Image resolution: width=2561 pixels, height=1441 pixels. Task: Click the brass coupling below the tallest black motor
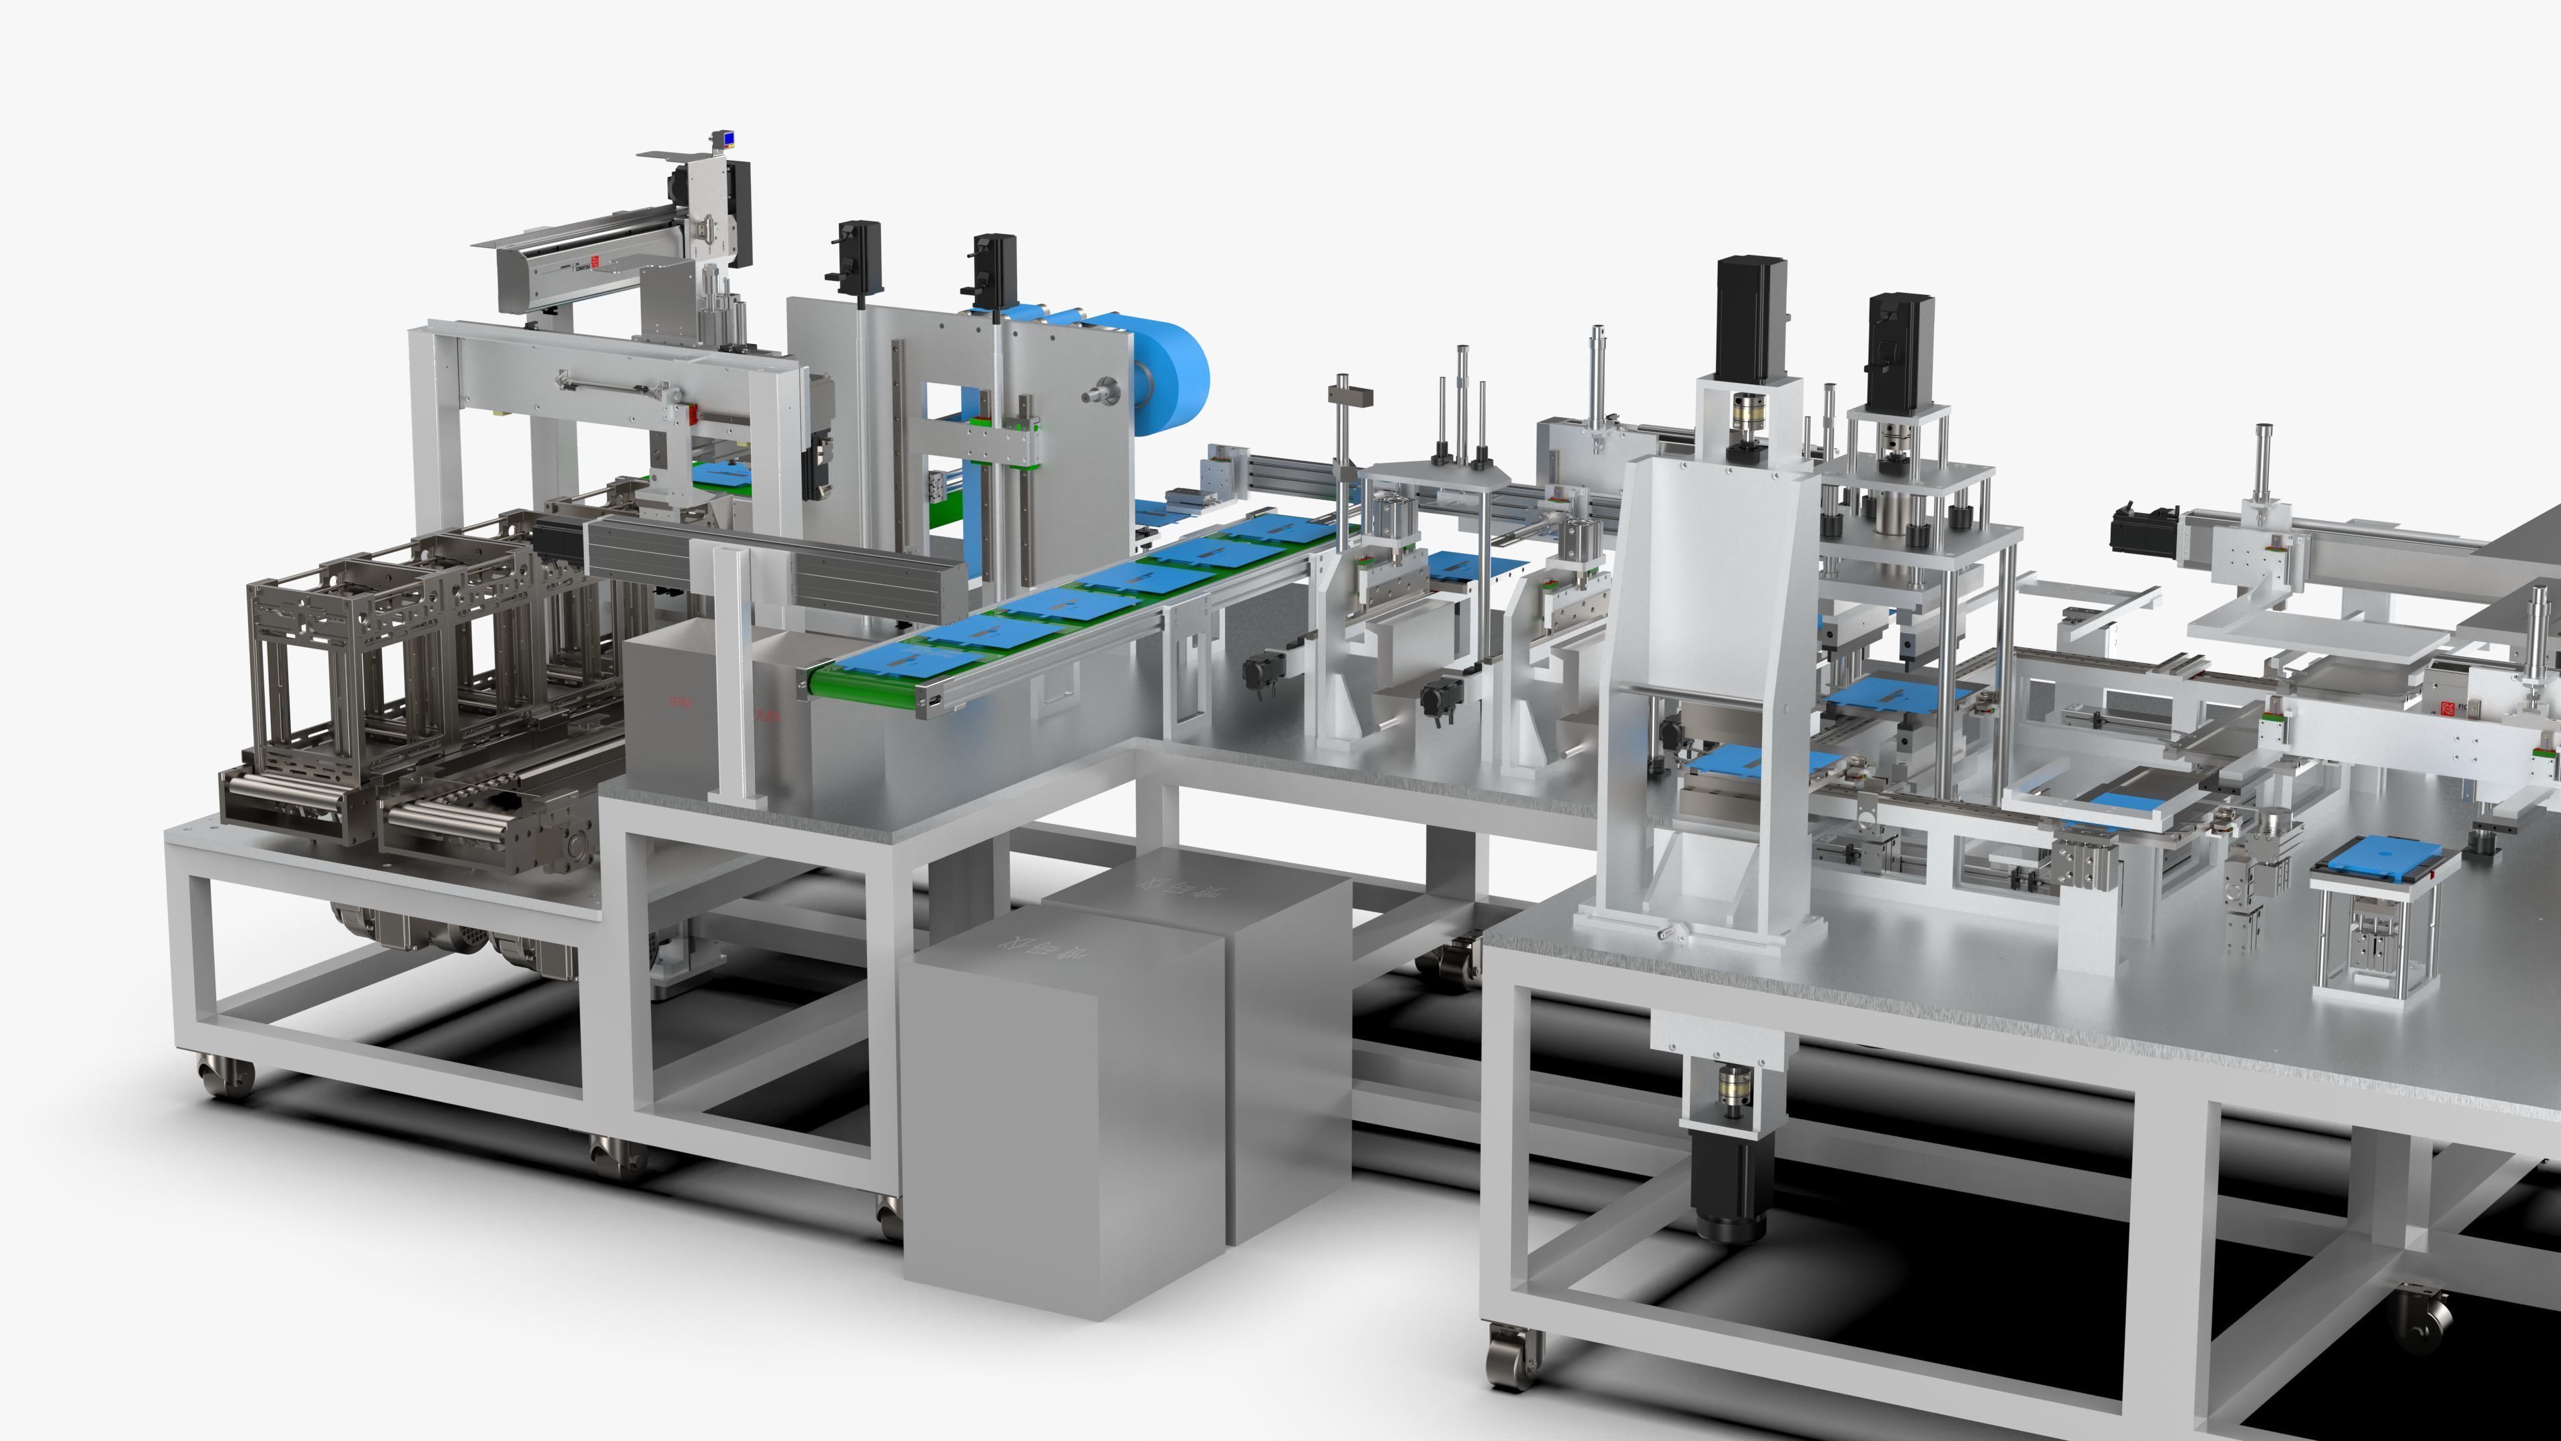1750,409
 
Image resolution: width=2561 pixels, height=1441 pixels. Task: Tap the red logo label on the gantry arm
594,264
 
